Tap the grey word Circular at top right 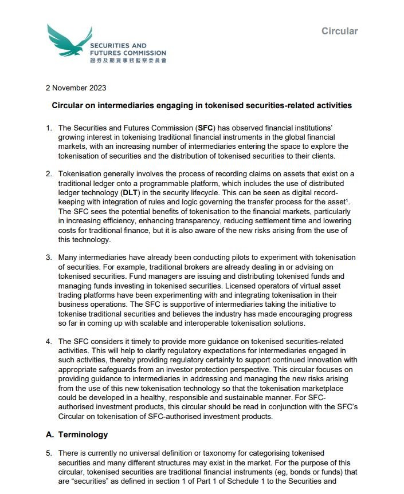[x=339, y=31]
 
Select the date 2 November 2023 [x=76, y=88]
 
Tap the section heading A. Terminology [x=77, y=434]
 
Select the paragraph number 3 [x=49, y=257]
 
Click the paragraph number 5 [x=49, y=453]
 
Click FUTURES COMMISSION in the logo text [x=128, y=53]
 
